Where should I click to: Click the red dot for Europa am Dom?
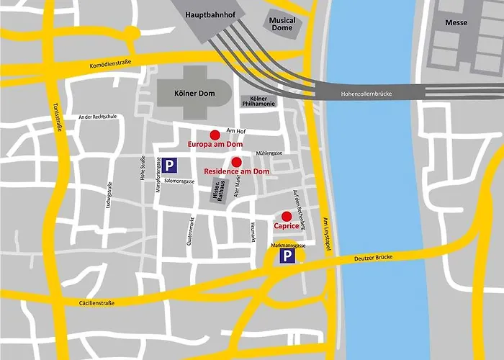214,135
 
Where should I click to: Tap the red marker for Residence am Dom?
236,161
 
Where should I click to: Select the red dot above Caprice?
287,216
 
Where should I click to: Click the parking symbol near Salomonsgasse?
169,166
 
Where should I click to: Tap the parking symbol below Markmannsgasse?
287,257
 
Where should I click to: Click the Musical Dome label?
282,24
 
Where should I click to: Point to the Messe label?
455,23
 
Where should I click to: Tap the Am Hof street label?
235,130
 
